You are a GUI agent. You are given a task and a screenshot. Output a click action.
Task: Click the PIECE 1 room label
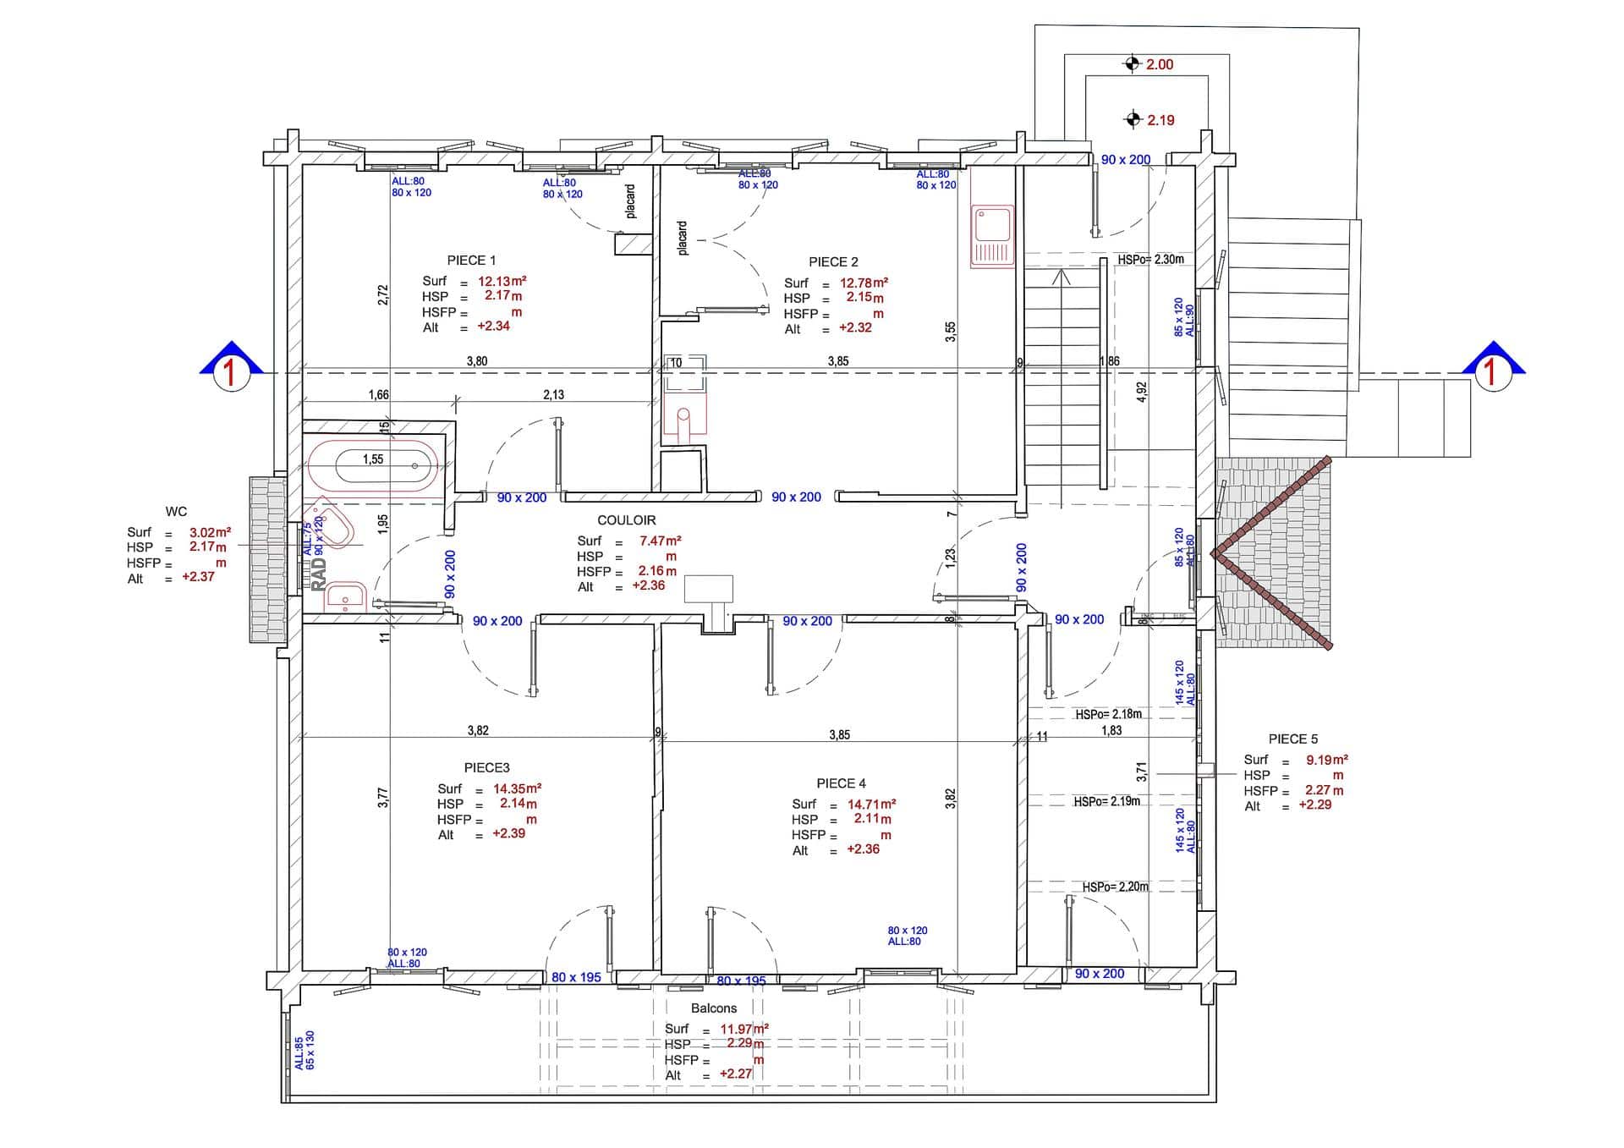(471, 261)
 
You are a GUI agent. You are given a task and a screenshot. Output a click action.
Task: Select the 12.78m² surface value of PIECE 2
(864, 283)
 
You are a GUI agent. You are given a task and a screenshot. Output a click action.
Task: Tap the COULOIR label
(626, 520)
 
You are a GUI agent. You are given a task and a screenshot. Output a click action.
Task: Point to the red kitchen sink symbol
(991, 235)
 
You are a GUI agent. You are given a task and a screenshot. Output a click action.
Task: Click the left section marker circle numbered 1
(230, 373)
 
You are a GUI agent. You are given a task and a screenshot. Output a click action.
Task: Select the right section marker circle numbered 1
(1492, 373)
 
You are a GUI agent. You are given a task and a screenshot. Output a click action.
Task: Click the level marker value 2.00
(1159, 64)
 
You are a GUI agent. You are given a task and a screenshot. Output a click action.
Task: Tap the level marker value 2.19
(1160, 120)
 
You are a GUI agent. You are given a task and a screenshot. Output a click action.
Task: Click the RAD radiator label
(319, 574)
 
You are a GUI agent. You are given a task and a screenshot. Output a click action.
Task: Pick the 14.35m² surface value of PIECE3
(517, 788)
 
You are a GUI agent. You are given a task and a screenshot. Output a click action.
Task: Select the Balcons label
(714, 1008)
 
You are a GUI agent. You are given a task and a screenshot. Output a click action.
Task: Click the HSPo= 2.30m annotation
(1150, 260)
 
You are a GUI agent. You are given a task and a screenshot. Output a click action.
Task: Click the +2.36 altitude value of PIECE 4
(863, 849)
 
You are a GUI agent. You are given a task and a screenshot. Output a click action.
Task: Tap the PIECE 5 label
(1292, 739)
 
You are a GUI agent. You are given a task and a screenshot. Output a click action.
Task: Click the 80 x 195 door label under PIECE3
(576, 978)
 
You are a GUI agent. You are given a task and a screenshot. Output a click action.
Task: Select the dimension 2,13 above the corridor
(554, 395)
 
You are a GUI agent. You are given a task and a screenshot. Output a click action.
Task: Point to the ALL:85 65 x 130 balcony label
(304, 1051)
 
